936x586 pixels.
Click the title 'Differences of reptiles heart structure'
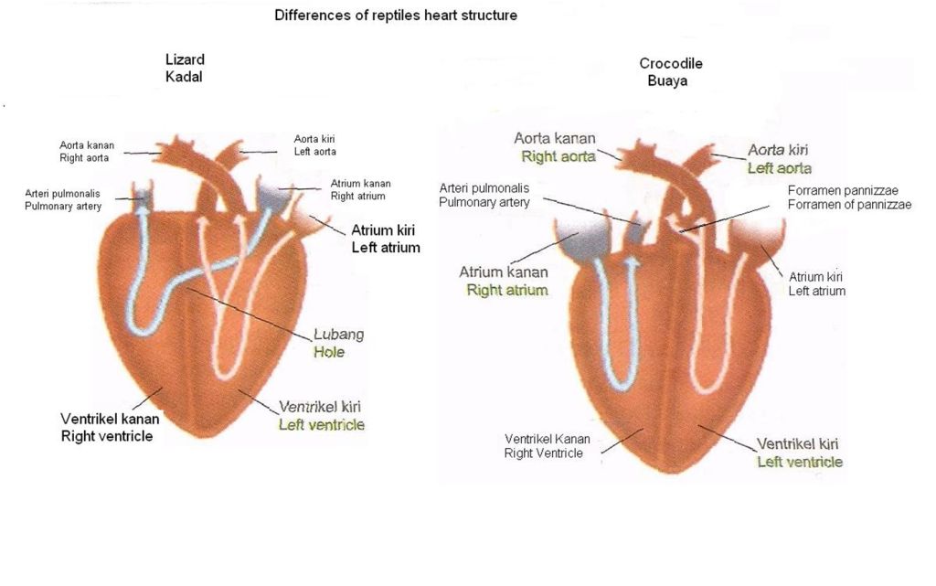(x=397, y=16)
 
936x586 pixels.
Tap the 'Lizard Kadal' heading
(x=184, y=69)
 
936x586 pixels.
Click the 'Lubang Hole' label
(x=329, y=343)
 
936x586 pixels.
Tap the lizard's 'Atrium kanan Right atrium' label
(x=357, y=189)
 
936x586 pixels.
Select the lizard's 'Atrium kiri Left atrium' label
(x=386, y=238)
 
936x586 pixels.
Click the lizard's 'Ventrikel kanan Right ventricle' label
(x=110, y=427)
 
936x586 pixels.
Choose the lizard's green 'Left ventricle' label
(x=321, y=424)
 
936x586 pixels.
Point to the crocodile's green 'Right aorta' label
(x=558, y=156)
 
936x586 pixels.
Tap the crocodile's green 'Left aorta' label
(x=779, y=168)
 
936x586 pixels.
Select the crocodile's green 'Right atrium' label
(x=507, y=291)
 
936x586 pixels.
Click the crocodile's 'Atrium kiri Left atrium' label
(x=816, y=283)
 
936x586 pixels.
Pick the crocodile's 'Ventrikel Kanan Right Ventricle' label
(x=547, y=446)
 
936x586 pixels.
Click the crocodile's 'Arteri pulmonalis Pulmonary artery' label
(x=484, y=195)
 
